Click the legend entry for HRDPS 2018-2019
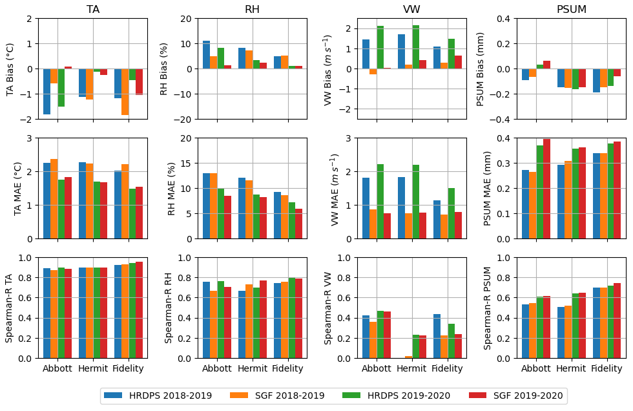(158, 395)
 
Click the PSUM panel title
(571, 9)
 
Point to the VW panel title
(411, 9)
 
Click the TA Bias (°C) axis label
(10, 68)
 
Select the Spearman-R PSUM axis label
(488, 308)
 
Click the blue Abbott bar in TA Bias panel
(47, 91)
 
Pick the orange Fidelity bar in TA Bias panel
(125, 92)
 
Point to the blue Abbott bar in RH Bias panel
(206, 55)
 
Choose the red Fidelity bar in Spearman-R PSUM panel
(617, 321)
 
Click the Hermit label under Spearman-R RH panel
(252, 368)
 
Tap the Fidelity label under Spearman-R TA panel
(129, 368)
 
